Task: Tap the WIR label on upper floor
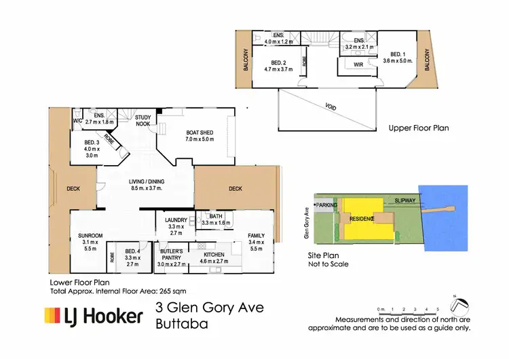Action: point(358,65)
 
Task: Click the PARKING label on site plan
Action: point(326,204)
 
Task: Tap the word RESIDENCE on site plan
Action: point(362,219)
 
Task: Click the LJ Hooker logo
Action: point(94,316)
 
